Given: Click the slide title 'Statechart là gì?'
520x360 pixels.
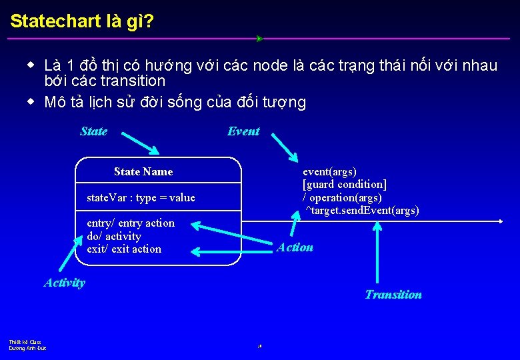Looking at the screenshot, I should (82, 21).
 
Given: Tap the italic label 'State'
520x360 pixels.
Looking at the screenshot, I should (93, 131).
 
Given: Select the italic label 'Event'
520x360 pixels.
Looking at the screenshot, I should (243, 131).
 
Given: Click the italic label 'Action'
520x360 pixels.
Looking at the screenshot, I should (295, 247).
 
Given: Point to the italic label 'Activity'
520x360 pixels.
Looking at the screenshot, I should (65, 283).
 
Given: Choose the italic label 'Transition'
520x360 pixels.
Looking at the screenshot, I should (393, 295).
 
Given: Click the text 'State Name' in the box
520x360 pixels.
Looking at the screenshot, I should (143, 172).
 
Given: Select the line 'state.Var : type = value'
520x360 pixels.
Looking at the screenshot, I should (141, 198).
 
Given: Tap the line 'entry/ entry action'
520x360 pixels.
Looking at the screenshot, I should (131, 223).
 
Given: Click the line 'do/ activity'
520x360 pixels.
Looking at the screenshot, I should (114, 236).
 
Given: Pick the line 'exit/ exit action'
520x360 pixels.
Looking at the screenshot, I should (124, 249).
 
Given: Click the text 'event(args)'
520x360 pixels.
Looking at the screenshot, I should (329, 172).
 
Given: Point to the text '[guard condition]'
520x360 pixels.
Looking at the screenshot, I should (345, 185).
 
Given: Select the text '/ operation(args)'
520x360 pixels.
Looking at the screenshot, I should (342, 198).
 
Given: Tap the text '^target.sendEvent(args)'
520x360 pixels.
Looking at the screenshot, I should (362, 211).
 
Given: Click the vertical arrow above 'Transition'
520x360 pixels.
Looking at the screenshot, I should (377, 253).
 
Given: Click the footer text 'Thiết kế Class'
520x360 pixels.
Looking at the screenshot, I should (25, 342).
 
